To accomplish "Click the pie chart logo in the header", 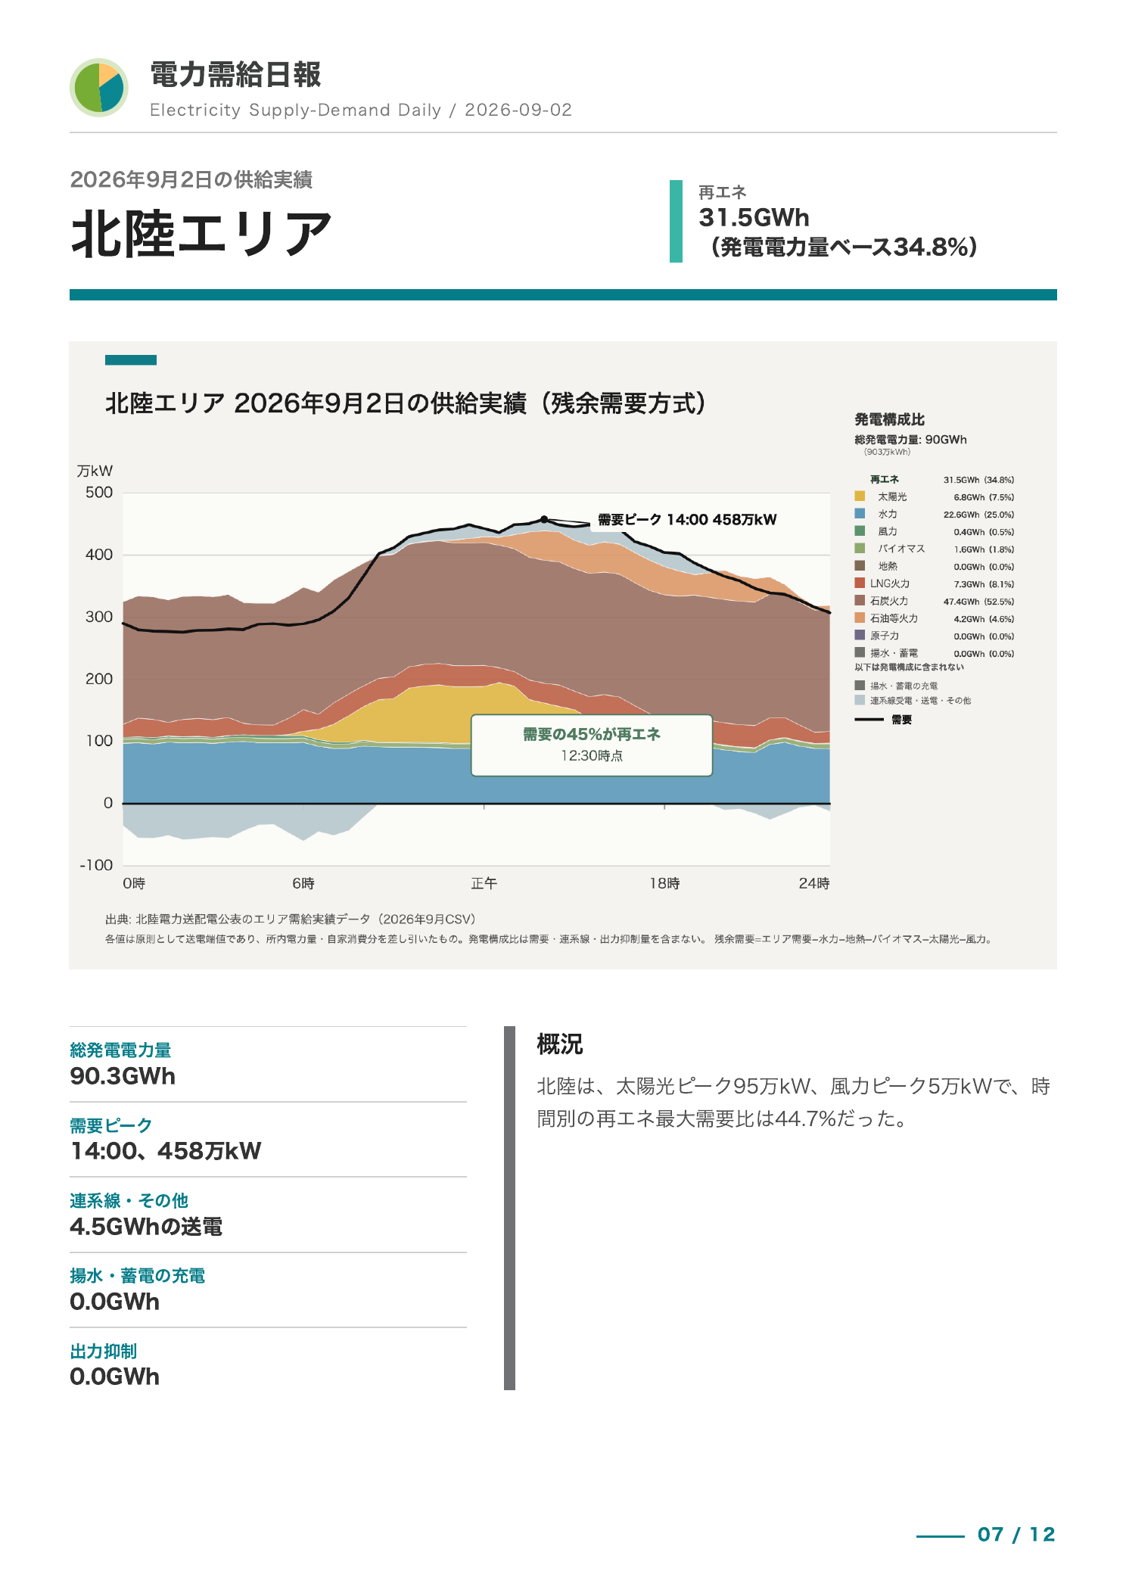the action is point(99,88).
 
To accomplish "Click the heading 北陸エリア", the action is point(202,234).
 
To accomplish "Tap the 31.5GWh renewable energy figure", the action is point(754,218).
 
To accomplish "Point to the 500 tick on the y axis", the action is point(99,493).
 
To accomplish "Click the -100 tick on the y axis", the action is point(96,865).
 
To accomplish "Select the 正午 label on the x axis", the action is point(484,883).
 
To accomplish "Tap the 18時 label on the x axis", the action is point(664,883).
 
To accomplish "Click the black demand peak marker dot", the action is point(544,519).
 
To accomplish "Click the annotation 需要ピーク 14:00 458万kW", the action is point(687,520).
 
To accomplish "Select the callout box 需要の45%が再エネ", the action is point(592,745).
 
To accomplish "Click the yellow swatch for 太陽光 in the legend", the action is point(860,496).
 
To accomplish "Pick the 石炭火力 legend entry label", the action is point(889,601).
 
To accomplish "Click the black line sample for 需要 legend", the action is point(869,720).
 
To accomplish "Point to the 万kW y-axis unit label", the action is point(95,471).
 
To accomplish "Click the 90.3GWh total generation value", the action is point(123,1076).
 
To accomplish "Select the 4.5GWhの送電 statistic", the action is point(146,1227).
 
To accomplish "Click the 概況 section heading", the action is point(560,1044).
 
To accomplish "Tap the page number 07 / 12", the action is point(1016,1535).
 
